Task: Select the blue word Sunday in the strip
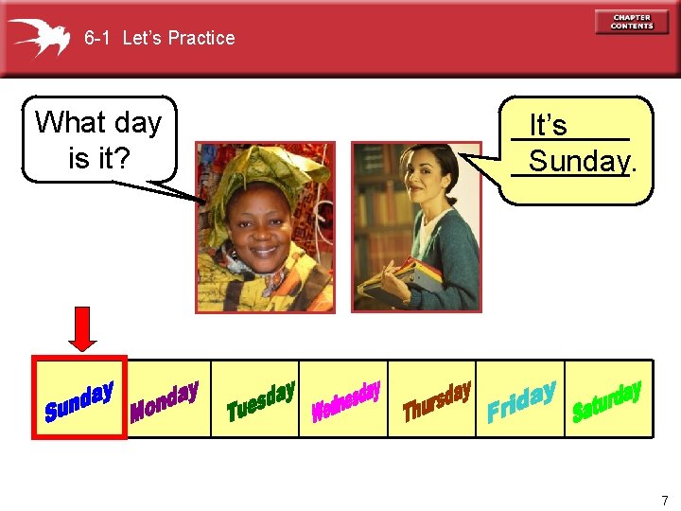(x=79, y=400)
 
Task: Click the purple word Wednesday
(x=346, y=401)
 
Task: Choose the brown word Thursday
(x=436, y=401)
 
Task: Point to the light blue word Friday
(x=520, y=401)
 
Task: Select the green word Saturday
(x=607, y=401)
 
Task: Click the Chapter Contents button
(x=631, y=22)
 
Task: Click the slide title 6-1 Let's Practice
(x=159, y=38)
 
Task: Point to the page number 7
(x=664, y=500)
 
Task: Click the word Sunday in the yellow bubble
(x=578, y=162)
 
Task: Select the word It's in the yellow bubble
(x=548, y=126)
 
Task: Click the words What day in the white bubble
(x=98, y=122)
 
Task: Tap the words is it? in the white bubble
(x=98, y=158)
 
